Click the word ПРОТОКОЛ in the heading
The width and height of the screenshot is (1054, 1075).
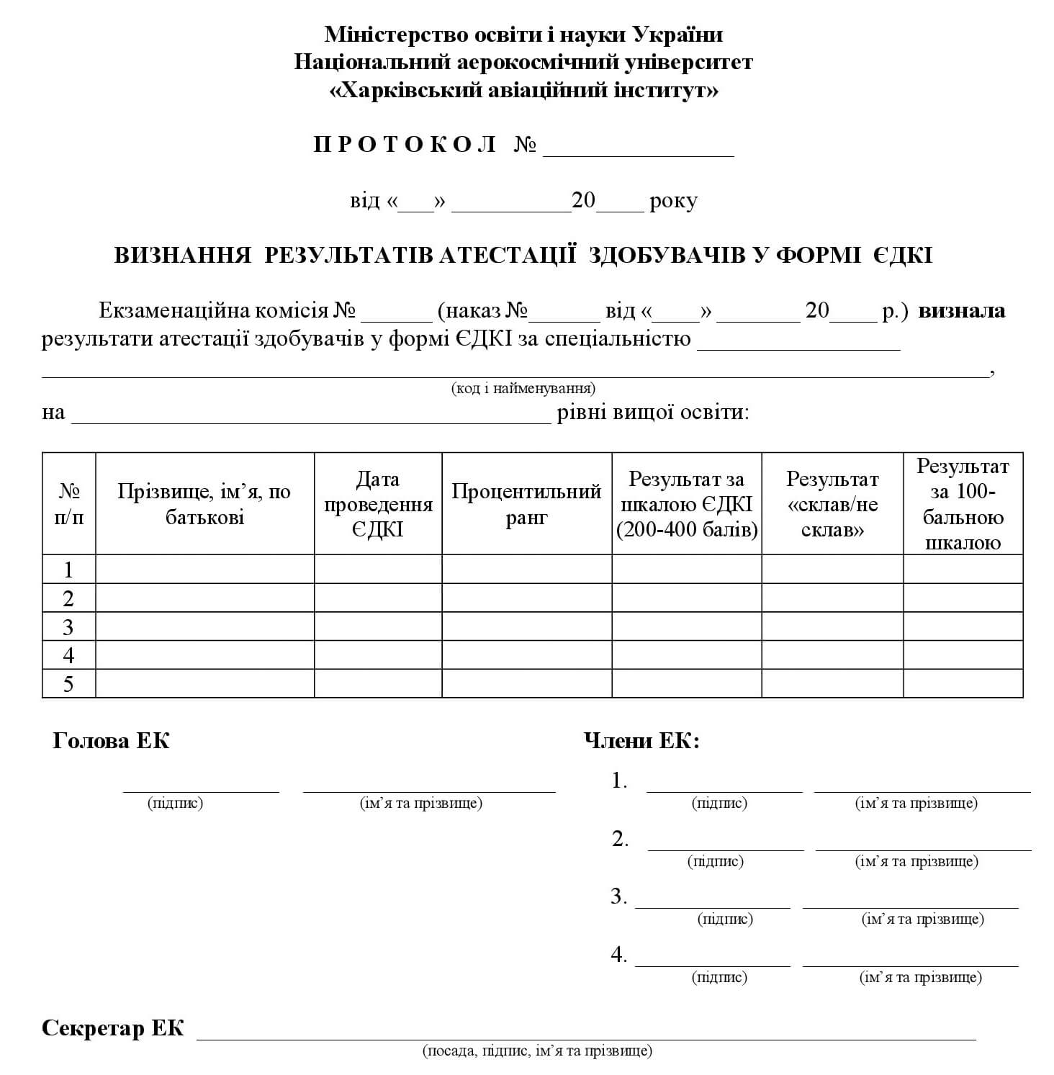coord(405,145)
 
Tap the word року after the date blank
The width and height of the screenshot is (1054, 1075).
coord(673,200)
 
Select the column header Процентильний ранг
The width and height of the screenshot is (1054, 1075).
coord(526,504)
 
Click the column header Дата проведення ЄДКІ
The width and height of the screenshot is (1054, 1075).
coord(378,504)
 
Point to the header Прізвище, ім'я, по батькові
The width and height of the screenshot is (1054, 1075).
coord(204,504)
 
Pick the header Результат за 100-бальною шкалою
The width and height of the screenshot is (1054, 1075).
coord(963,504)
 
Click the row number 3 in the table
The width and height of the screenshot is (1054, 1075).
coord(68,627)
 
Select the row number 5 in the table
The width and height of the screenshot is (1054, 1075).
coord(68,684)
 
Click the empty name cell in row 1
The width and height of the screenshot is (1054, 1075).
coord(204,570)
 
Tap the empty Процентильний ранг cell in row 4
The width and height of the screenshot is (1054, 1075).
coord(526,655)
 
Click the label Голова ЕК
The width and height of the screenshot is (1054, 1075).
coord(111,741)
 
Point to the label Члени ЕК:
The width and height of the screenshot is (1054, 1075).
coord(641,741)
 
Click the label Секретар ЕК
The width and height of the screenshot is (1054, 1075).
coord(113,1028)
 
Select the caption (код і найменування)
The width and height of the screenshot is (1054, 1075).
coord(523,389)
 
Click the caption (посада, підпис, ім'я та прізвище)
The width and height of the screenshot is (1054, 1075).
coord(537,1051)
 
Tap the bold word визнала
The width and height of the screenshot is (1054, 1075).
coord(962,311)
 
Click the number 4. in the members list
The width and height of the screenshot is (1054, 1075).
coord(619,955)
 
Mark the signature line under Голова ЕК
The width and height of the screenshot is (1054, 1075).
coord(201,790)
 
